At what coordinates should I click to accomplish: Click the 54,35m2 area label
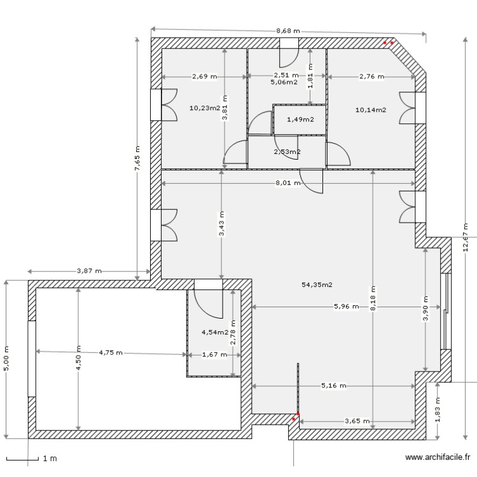point(317,285)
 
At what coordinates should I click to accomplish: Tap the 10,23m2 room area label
point(205,107)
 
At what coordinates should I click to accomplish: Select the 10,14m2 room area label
point(371,109)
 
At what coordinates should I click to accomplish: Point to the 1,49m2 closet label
point(300,120)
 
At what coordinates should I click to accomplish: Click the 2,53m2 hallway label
point(287,151)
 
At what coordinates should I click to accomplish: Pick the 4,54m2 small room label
point(215,332)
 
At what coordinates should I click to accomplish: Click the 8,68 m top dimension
point(288,31)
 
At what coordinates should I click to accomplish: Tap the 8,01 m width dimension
point(288,183)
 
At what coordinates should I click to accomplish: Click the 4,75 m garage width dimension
point(111,352)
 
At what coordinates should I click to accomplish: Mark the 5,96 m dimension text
point(346,307)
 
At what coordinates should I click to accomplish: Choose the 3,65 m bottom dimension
point(357,420)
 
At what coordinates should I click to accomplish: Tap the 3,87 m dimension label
point(90,270)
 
